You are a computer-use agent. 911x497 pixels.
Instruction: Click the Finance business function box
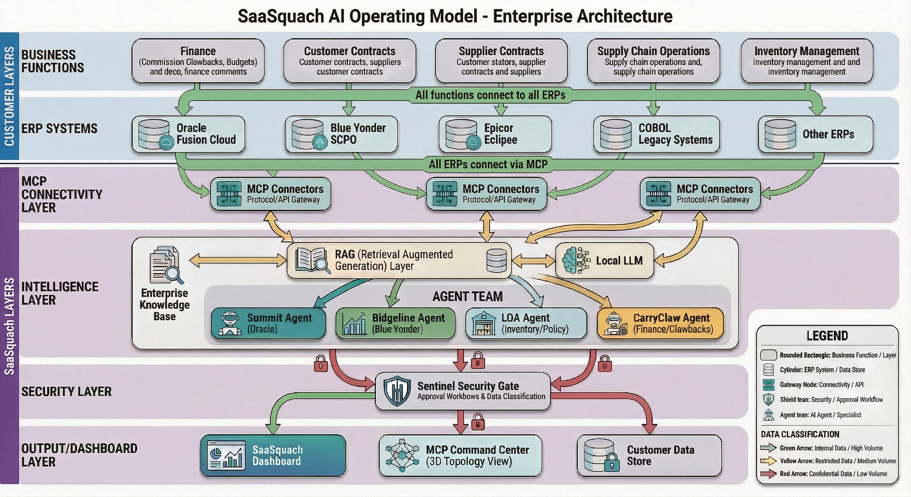pos(198,61)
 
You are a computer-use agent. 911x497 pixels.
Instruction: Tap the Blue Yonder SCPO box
pos(341,134)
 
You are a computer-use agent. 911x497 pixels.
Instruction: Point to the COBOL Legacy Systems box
pos(657,134)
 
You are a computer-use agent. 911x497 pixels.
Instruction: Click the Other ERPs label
pos(828,134)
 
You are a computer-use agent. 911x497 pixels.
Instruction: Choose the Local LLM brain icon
pos(576,261)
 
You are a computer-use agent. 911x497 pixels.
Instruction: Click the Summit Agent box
pos(268,323)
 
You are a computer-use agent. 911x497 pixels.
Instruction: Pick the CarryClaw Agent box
pos(660,323)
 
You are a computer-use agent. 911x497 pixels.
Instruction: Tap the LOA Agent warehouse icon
pos(484,323)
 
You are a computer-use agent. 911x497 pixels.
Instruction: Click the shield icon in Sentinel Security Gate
pos(397,391)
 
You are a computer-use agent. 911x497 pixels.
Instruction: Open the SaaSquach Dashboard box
pos(273,456)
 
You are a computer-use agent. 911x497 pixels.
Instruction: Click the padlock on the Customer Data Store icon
pos(612,463)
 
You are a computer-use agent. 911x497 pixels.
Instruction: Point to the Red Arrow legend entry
pos(828,474)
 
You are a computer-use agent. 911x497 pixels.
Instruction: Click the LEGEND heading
pos(827,336)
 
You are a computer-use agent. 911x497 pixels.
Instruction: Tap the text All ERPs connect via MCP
pos(488,164)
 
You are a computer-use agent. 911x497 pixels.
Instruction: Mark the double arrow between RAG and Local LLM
pos(533,261)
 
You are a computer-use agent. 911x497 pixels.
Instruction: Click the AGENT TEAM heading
pos(467,296)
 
